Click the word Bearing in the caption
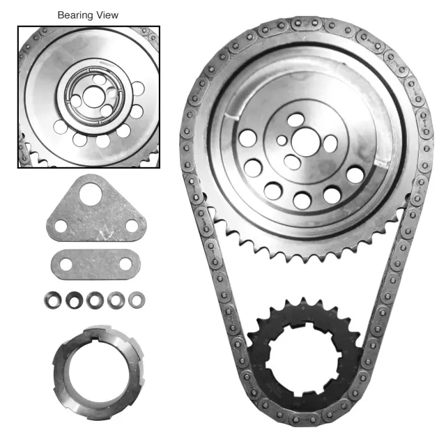(74, 15)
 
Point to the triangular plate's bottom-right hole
(130, 226)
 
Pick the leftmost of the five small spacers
(50, 300)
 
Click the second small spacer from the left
(72, 300)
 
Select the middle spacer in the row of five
(94, 300)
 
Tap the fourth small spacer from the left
(116, 300)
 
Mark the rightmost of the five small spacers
(138, 300)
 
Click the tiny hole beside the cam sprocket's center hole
(282, 140)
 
